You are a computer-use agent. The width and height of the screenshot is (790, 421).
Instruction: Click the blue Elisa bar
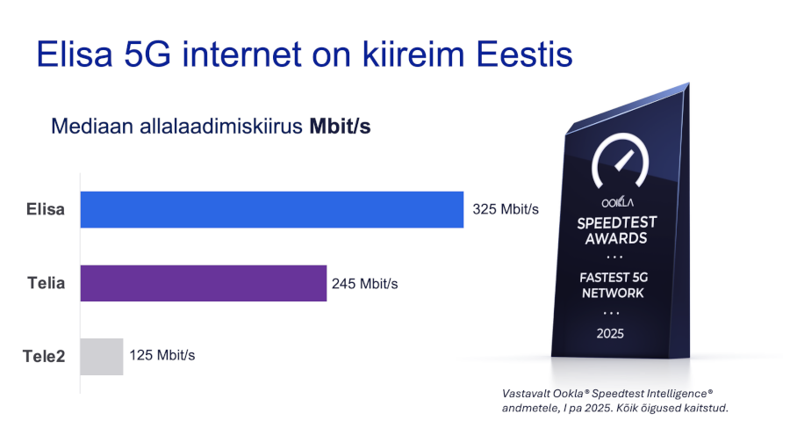coord(272,209)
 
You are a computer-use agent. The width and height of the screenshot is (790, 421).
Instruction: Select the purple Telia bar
coord(204,283)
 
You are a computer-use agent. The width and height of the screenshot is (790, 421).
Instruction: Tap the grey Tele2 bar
coord(102,357)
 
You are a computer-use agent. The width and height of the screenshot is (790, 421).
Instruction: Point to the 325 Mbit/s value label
coord(506,209)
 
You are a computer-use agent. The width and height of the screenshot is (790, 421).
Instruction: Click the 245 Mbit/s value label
coord(365,284)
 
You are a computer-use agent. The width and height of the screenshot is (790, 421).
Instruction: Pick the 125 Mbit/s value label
coord(162,355)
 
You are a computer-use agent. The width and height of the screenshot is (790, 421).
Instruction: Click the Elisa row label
coord(46,209)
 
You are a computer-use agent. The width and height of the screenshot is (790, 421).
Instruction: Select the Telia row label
coord(47,283)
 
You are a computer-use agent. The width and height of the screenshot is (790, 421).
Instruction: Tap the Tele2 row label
coord(44,357)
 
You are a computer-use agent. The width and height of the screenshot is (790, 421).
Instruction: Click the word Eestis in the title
coord(525,54)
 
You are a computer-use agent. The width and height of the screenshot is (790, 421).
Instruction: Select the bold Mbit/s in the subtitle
coord(340,126)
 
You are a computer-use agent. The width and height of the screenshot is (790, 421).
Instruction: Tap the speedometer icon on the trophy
coord(621,160)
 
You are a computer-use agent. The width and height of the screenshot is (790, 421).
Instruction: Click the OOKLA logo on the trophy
coord(617,202)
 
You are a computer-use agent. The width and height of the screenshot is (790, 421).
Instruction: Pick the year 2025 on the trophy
coord(610,334)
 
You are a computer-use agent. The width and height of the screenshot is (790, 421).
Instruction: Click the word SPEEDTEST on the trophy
coord(617,223)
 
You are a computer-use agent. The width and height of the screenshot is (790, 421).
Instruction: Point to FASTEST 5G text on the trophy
coord(614,278)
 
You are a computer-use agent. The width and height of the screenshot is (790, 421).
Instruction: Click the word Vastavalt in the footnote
coord(526,394)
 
